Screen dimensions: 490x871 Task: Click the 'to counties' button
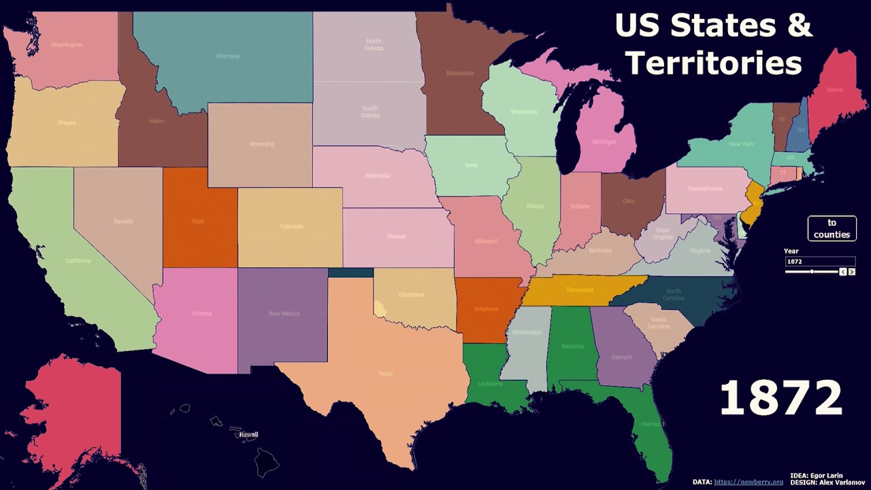tap(832, 229)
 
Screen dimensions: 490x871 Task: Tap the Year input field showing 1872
tap(820, 261)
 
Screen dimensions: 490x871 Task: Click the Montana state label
tap(228, 56)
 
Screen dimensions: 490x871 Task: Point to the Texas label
tap(385, 374)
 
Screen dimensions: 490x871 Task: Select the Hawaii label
tap(248, 434)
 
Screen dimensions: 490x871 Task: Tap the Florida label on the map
tap(651, 424)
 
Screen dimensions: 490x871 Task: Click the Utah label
tap(197, 221)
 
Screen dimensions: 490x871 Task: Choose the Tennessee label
tap(580, 290)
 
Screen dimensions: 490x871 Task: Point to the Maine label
tap(834, 90)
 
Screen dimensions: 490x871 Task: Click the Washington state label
tap(67, 45)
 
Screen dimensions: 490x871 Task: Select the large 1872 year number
tap(780, 397)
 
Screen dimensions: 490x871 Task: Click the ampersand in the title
tap(800, 26)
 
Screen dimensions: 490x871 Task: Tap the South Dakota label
tap(370, 112)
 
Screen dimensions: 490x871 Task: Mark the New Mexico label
tap(284, 314)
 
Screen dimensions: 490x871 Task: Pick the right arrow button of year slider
tap(851, 272)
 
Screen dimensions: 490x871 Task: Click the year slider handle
tap(812, 272)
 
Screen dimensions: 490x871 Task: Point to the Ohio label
tap(629, 201)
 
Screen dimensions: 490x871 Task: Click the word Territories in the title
tap(714, 63)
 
